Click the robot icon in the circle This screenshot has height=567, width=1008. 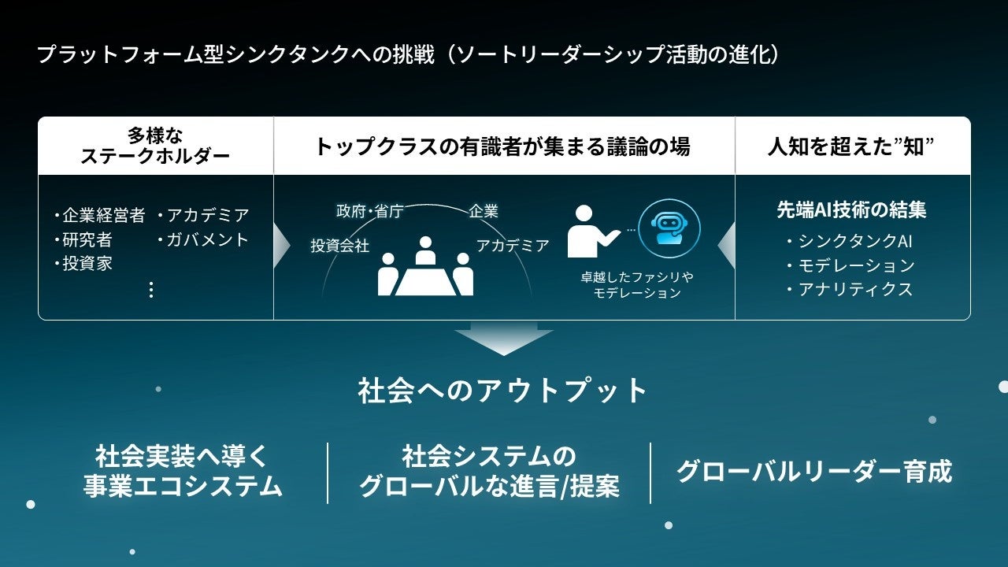669,228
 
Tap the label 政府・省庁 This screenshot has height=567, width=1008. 369,211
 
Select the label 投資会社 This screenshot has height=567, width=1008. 339,246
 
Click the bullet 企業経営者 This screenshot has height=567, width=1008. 99,216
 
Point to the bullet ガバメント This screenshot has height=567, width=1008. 203,239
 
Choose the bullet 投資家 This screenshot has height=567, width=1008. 83,264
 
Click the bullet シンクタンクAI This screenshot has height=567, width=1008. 849,242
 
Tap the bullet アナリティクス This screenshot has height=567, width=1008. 849,289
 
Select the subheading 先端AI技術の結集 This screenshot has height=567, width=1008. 851,210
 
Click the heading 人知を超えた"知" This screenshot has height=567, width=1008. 851,146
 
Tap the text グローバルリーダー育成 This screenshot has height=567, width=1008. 813,471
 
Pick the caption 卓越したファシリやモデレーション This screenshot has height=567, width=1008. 637,285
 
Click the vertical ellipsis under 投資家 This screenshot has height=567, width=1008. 151,290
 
